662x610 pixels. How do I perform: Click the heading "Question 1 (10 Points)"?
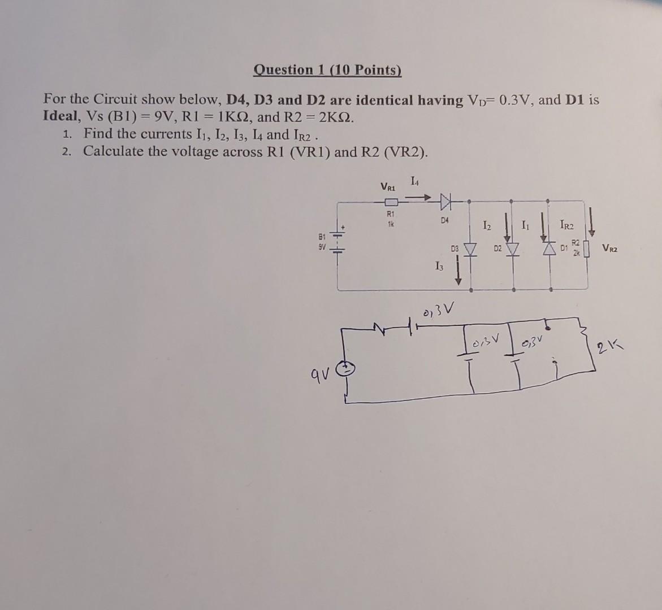point(327,70)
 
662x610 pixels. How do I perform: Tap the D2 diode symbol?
point(513,249)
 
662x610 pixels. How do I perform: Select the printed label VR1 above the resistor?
point(388,186)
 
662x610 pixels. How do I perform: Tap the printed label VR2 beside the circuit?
point(611,247)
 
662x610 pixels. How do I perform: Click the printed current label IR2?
point(566,226)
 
